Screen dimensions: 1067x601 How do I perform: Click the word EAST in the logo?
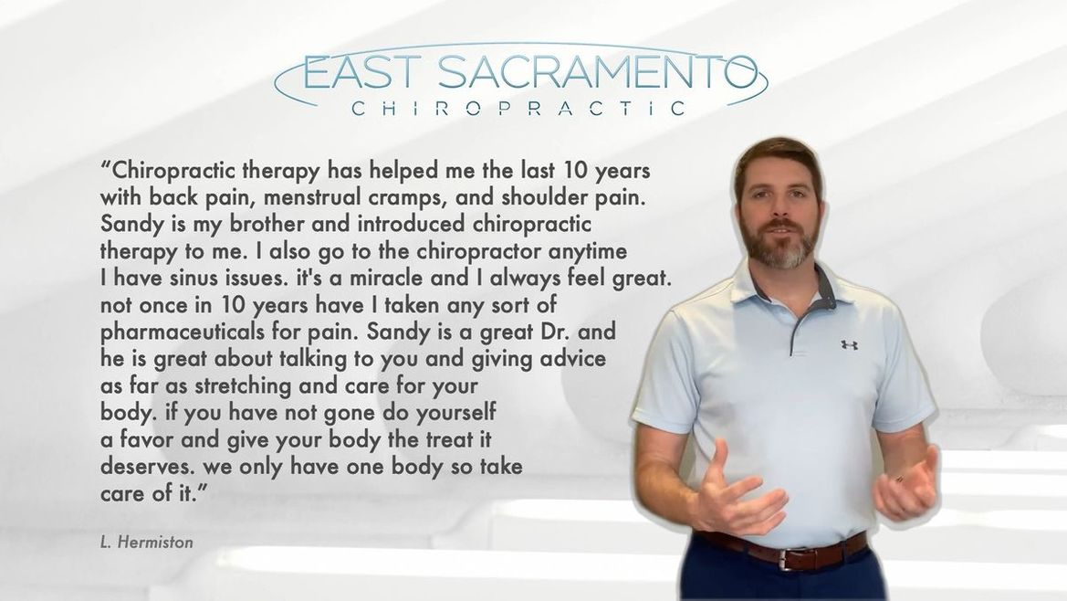pyautogui.click(x=360, y=73)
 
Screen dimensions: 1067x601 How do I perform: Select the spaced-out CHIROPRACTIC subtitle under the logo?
pyautogui.click(x=519, y=109)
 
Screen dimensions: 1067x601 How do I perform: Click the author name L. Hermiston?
pyautogui.click(x=146, y=543)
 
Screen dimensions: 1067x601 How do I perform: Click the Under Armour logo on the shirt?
pyautogui.click(x=849, y=345)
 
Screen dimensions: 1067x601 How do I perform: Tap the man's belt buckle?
pyautogui.click(x=790, y=559)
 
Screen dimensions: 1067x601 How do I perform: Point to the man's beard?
pyautogui.click(x=781, y=244)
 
